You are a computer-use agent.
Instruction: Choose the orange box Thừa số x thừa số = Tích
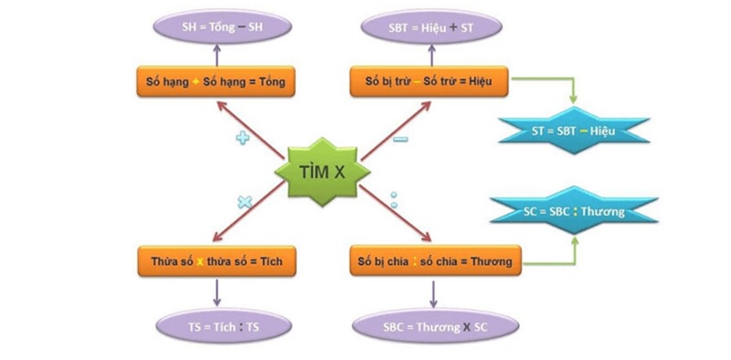tap(217, 262)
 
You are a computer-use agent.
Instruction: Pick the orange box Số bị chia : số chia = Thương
tap(430, 262)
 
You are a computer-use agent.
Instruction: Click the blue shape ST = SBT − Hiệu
tap(574, 131)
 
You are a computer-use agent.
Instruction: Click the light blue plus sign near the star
tap(243, 138)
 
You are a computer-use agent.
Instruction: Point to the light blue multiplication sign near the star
tap(244, 202)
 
